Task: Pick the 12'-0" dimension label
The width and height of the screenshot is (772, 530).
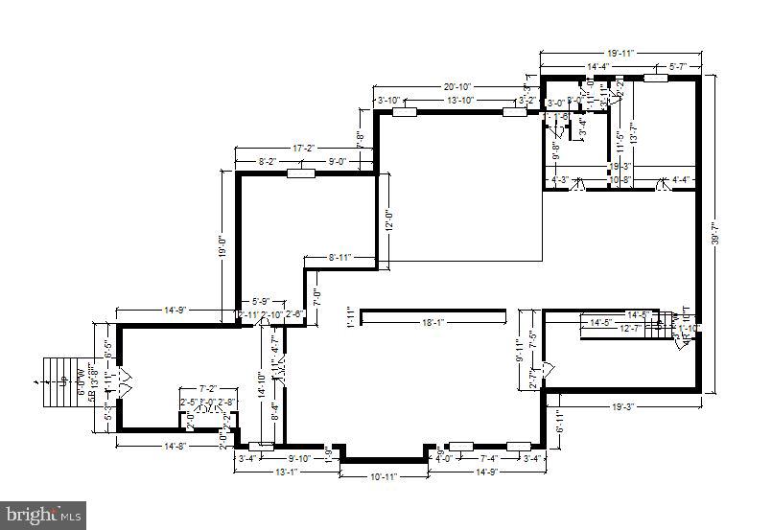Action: [387, 221]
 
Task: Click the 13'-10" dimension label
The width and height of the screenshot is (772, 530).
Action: [460, 100]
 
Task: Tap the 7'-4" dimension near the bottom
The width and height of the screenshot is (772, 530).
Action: [489, 458]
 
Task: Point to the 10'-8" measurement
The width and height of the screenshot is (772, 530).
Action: [620, 179]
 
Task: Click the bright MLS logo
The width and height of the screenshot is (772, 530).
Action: [43, 515]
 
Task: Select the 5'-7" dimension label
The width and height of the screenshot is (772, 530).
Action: [678, 66]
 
